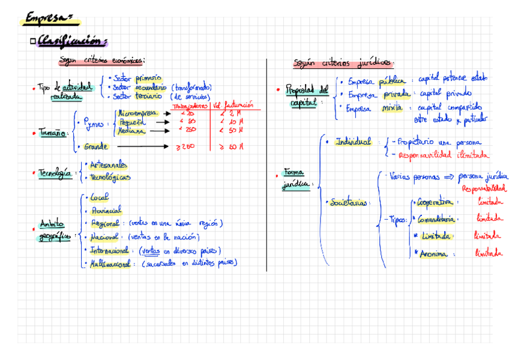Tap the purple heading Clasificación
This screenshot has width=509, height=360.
(71, 41)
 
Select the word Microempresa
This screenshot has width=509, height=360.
(138, 113)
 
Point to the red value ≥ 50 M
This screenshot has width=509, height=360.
(231, 146)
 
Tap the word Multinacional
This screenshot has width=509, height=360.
(110, 263)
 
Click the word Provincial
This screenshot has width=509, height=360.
(106, 210)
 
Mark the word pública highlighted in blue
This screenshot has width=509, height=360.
(391, 81)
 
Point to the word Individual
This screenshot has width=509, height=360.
(354, 142)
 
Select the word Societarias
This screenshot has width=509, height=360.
(349, 203)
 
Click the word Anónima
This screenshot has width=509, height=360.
(433, 254)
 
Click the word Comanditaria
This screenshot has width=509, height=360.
(436, 218)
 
